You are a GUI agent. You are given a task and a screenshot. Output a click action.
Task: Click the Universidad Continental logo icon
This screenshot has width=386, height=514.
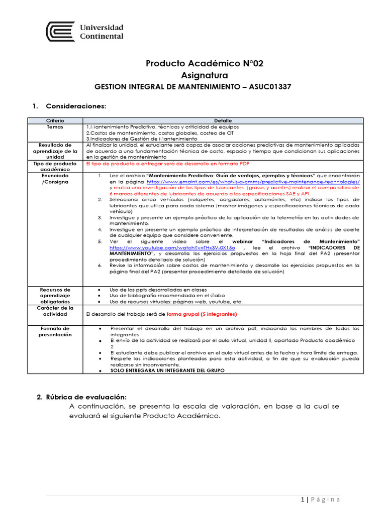point(60,31)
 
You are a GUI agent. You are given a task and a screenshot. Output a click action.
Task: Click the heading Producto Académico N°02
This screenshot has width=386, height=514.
point(204,63)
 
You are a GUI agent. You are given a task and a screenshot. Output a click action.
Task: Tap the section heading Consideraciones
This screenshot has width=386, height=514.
point(76,106)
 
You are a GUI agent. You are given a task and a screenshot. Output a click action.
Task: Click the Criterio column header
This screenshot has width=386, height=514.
point(55,121)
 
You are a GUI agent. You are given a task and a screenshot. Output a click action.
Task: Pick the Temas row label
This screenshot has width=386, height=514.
point(55,127)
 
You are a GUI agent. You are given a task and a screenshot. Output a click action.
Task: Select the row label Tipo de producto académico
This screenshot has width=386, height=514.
point(55,167)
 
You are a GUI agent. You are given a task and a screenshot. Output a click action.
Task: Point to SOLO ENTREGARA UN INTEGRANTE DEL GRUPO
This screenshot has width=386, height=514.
point(167,370)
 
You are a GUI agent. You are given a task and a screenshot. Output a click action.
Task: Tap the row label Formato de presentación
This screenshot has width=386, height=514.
point(55,331)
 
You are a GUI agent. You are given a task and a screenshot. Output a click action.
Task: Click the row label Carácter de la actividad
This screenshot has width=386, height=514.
point(55,311)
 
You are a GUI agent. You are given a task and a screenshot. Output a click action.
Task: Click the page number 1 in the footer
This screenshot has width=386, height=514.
point(302,499)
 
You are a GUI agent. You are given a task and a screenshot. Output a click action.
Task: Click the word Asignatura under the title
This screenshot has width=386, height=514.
point(204,75)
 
